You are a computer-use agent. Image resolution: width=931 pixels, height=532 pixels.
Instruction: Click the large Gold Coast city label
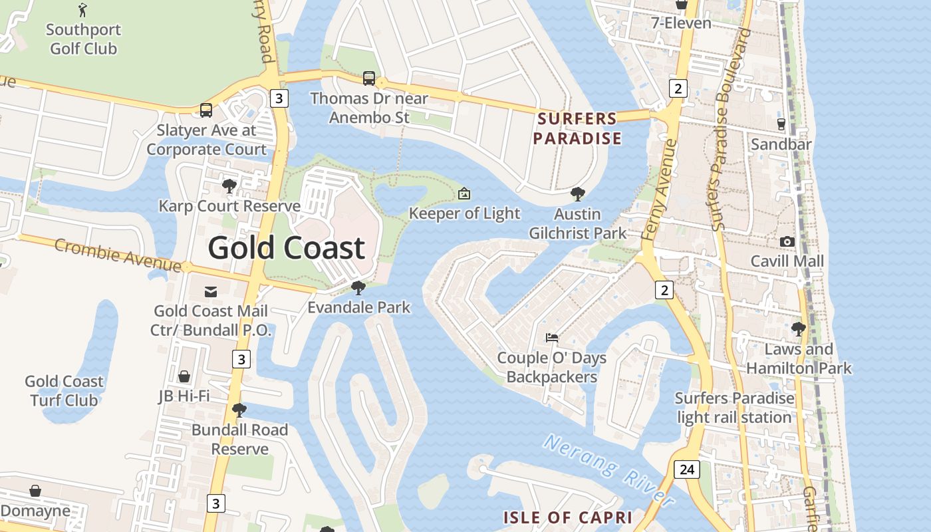click(x=287, y=248)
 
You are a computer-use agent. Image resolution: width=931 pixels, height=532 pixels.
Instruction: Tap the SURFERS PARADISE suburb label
click(x=577, y=128)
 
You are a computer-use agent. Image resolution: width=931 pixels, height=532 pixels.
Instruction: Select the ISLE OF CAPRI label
click(x=567, y=517)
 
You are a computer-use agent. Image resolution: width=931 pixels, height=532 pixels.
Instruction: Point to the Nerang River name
click(x=608, y=469)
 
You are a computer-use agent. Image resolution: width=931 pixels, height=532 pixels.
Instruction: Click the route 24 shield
click(x=687, y=469)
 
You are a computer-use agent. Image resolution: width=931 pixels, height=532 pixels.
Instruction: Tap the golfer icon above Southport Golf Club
click(x=82, y=10)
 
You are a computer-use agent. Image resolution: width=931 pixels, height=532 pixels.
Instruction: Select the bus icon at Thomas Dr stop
click(x=369, y=78)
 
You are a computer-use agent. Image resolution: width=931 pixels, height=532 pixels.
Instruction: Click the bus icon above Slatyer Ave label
click(x=206, y=110)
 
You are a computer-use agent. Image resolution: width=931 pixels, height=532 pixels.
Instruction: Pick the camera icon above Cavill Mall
click(x=787, y=241)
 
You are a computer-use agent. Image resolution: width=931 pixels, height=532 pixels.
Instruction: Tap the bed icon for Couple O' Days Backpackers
click(x=552, y=338)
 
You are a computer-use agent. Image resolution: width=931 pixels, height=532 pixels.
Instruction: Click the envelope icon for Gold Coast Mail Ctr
click(x=211, y=291)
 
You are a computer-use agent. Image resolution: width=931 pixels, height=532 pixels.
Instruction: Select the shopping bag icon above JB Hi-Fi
click(x=184, y=376)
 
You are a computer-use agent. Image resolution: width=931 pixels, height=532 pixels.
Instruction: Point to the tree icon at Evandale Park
click(x=358, y=287)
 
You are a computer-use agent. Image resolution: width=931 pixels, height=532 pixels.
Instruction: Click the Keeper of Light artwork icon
click(x=464, y=194)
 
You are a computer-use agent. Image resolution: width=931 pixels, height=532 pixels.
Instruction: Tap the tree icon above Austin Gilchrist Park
click(x=578, y=194)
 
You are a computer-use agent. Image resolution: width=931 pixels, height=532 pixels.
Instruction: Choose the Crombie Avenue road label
click(x=118, y=255)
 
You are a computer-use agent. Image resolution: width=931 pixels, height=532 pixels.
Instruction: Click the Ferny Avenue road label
click(x=660, y=190)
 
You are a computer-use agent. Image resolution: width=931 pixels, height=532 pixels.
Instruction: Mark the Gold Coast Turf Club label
click(x=64, y=390)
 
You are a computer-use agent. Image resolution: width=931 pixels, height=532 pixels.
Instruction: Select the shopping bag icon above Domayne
click(x=35, y=491)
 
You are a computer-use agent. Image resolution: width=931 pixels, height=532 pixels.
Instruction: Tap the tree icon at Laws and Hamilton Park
click(x=798, y=329)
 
